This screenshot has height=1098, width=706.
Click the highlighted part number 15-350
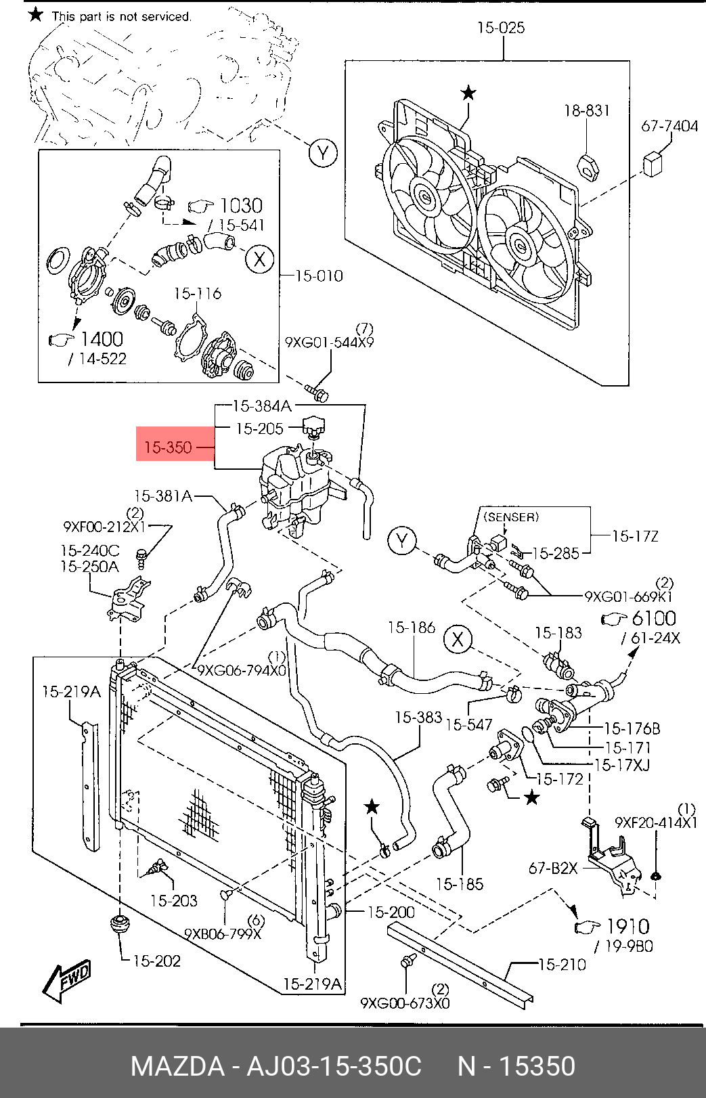coord(168,447)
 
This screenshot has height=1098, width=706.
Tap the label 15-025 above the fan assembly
coord(501,28)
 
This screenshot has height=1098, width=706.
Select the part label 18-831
coord(587,110)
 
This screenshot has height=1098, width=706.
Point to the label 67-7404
coord(669,126)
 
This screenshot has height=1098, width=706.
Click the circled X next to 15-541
coord(260,259)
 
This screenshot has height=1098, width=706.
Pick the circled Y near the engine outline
coord(324,154)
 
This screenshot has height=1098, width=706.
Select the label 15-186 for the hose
coord(412,627)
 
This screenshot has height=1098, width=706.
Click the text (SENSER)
coord(511,517)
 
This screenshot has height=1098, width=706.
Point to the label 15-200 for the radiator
coord(391,912)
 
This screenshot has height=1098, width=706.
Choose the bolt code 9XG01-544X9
coord(330,342)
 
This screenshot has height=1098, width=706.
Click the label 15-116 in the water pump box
coord(198,293)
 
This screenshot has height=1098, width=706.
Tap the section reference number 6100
coord(654,618)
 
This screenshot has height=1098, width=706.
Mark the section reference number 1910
coord(629,927)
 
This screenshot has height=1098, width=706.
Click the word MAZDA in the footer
coord(177,1066)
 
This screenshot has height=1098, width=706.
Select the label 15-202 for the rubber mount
coord(157,961)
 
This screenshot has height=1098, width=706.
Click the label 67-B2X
coord(553,868)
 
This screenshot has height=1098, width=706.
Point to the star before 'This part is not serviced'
coord(36,15)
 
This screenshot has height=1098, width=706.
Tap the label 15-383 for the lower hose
coord(419,717)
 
